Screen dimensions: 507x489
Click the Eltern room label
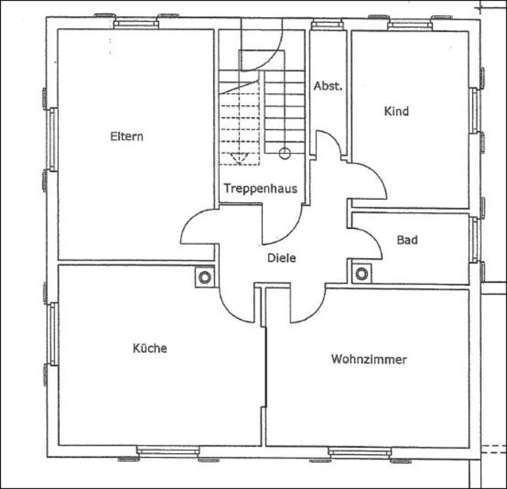click(x=127, y=136)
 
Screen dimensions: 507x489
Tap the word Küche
click(x=149, y=348)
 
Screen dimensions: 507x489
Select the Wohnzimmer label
click(x=369, y=359)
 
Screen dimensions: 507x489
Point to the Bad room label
click(x=407, y=240)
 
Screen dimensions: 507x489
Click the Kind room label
click(x=396, y=111)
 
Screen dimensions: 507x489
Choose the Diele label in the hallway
click(x=281, y=258)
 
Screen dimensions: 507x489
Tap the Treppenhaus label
click(x=260, y=188)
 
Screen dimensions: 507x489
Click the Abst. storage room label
click(x=328, y=86)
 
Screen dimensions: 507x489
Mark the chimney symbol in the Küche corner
click(x=205, y=277)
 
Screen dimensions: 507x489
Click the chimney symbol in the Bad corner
click(x=361, y=274)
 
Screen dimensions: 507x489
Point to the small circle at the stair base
click(x=285, y=153)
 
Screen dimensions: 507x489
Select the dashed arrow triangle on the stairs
click(x=240, y=158)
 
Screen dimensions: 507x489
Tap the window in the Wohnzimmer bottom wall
click(x=360, y=452)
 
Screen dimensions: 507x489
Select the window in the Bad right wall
click(x=474, y=240)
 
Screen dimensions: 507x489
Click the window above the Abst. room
click(x=327, y=25)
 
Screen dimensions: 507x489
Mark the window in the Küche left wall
click(x=53, y=334)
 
